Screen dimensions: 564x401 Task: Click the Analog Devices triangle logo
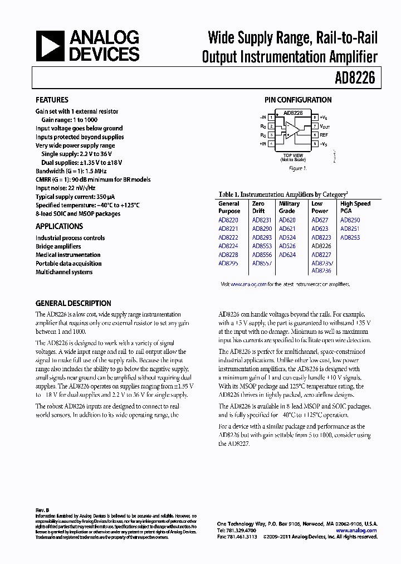tap(50, 46)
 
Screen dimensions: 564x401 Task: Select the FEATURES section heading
tap(52, 100)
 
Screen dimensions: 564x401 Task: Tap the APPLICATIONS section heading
tap(59, 226)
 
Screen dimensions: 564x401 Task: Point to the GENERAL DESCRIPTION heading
tap(73, 303)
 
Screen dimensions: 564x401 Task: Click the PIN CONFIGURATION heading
tap(297, 100)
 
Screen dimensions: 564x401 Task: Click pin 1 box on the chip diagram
tap(271, 118)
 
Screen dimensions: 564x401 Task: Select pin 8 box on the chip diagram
tap(315, 118)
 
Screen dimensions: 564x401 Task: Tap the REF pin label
tap(324, 135)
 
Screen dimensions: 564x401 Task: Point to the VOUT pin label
tap(325, 127)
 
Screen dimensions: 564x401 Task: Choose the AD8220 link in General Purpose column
tap(228, 220)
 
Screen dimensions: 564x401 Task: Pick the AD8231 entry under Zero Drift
tap(262, 220)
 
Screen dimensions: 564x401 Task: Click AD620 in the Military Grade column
tap(287, 220)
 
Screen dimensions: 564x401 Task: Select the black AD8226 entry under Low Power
tap(321, 246)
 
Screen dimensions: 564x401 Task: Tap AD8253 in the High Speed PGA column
tap(350, 237)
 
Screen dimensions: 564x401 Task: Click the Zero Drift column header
tap(258, 207)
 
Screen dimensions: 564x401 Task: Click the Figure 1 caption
tap(297, 168)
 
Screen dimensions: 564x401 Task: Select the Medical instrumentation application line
tap(68, 255)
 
